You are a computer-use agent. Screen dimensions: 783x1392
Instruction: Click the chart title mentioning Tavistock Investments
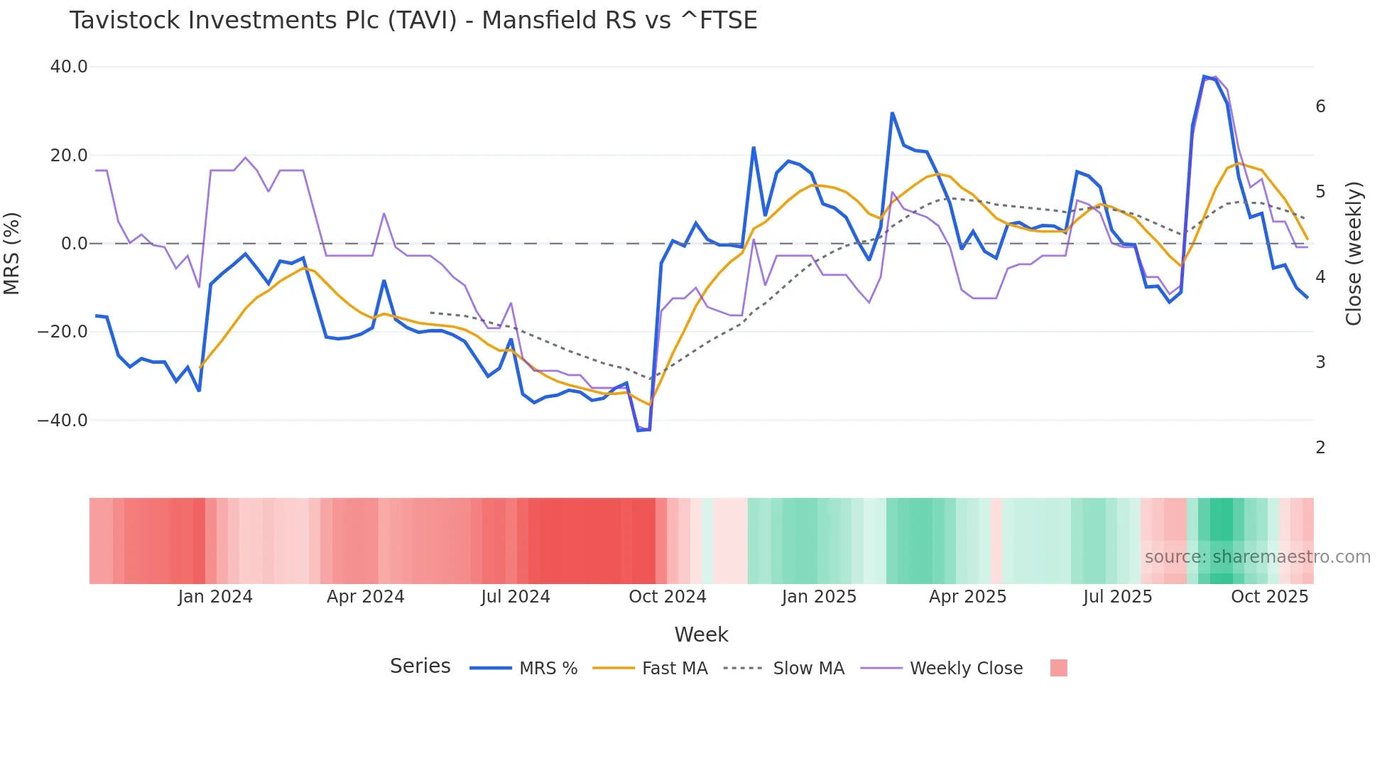click(413, 21)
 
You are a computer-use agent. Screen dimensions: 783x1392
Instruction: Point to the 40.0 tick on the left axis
click(69, 67)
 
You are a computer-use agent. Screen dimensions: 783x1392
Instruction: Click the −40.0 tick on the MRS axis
click(62, 420)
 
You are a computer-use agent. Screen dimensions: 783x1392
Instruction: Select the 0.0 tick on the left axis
click(75, 244)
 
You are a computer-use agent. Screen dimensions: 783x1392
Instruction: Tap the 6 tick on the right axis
click(1320, 107)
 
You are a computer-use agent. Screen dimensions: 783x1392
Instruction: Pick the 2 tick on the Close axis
click(1320, 448)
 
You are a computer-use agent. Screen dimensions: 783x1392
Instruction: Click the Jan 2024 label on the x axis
click(215, 597)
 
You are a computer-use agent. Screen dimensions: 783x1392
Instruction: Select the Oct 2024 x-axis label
click(667, 597)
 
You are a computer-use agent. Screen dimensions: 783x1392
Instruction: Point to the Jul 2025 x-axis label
click(1117, 597)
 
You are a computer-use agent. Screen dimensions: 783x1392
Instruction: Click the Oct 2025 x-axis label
click(1269, 597)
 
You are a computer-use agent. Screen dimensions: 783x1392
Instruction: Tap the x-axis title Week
click(701, 634)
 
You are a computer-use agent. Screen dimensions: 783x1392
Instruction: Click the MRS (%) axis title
click(12, 254)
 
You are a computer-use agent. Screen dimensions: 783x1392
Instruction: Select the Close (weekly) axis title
click(1354, 254)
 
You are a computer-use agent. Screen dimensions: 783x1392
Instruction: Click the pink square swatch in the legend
click(1058, 668)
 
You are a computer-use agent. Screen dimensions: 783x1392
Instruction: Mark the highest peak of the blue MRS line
click(1205, 77)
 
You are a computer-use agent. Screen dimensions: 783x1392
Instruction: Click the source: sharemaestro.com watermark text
click(1257, 557)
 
